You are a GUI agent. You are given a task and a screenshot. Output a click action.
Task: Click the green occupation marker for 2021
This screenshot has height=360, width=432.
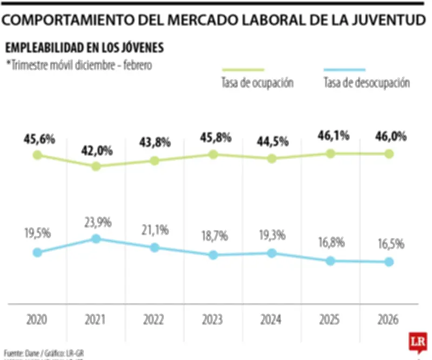click(x=96, y=166)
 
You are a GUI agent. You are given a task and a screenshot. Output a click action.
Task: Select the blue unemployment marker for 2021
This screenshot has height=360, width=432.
click(x=96, y=238)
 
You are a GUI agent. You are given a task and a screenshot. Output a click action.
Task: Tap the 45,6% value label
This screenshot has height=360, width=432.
click(x=39, y=139)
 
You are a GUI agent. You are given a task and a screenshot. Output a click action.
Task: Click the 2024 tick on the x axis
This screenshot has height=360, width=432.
click(x=272, y=319)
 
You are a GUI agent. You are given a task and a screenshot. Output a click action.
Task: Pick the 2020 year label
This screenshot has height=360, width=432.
click(x=37, y=319)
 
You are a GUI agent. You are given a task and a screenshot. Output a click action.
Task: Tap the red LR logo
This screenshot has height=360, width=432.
click(x=417, y=343)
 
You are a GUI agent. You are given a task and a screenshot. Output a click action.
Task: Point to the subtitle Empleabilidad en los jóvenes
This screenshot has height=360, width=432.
click(x=84, y=48)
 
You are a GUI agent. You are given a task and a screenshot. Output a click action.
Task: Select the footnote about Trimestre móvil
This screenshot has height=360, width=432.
click(x=79, y=64)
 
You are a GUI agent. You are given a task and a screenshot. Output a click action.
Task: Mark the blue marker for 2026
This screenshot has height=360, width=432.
click(x=389, y=262)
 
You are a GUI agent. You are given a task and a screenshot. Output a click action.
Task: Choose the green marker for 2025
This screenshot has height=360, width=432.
click(x=330, y=154)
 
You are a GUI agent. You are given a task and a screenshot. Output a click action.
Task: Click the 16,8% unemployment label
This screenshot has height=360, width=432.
click(x=330, y=244)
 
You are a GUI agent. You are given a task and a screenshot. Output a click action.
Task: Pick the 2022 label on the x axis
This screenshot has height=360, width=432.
click(x=154, y=319)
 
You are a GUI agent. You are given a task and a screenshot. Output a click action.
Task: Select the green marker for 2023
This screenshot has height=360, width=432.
click(x=213, y=155)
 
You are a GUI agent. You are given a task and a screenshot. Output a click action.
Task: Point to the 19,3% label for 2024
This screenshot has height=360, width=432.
click(x=272, y=236)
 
